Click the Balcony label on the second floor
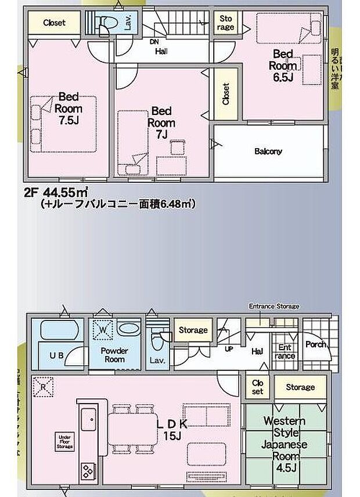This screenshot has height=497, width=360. point(268,152)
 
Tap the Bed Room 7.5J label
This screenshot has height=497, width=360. point(69,109)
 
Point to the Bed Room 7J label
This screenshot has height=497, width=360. point(161,122)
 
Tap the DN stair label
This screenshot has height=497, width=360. point(153,42)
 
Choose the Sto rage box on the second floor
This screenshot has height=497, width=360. point(226,23)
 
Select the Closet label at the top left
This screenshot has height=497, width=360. point(54,23)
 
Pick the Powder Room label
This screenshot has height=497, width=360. point(114,355)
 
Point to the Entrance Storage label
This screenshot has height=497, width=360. point(274,306)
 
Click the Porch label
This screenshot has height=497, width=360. point(316,344)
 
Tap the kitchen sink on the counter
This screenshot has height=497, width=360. point(89,419)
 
